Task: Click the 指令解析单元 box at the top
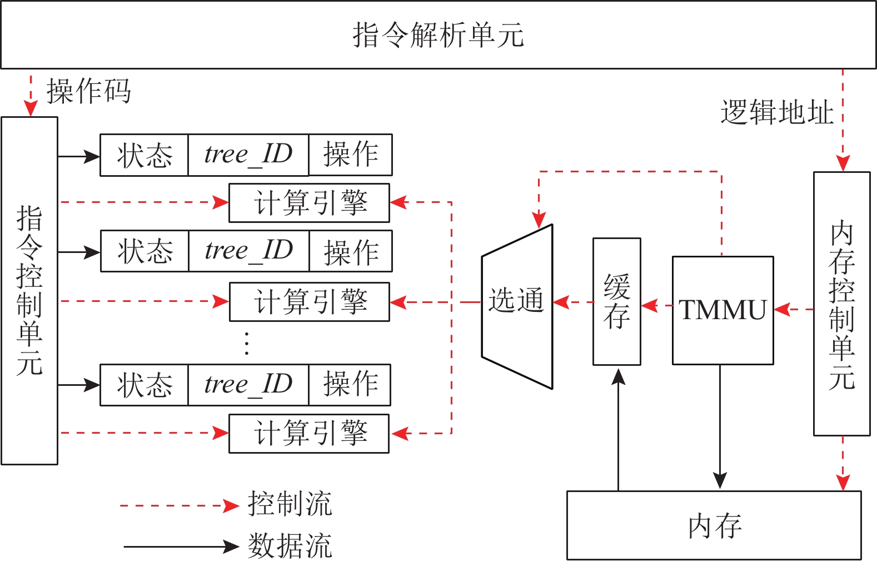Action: tap(438, 35)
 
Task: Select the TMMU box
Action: tap(722, 310)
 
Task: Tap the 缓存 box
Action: tap(617, 302)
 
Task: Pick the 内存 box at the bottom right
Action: tap(714, 525)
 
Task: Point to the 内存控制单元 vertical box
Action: tap(841, 304)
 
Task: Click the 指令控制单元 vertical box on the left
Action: tap(29, 290)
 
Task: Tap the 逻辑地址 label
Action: tap(777, 113)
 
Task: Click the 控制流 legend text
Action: tap(290, 504)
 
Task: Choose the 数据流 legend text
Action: tap(290, 546)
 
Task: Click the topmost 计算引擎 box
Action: tap(310, 203)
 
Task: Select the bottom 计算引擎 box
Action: tap(309, 434)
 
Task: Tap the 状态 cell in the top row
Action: tap(144, 155)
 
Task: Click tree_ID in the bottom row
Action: tap(248, 385)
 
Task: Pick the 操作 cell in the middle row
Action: tap(351, 251)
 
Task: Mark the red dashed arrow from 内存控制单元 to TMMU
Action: tap(794, 309)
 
